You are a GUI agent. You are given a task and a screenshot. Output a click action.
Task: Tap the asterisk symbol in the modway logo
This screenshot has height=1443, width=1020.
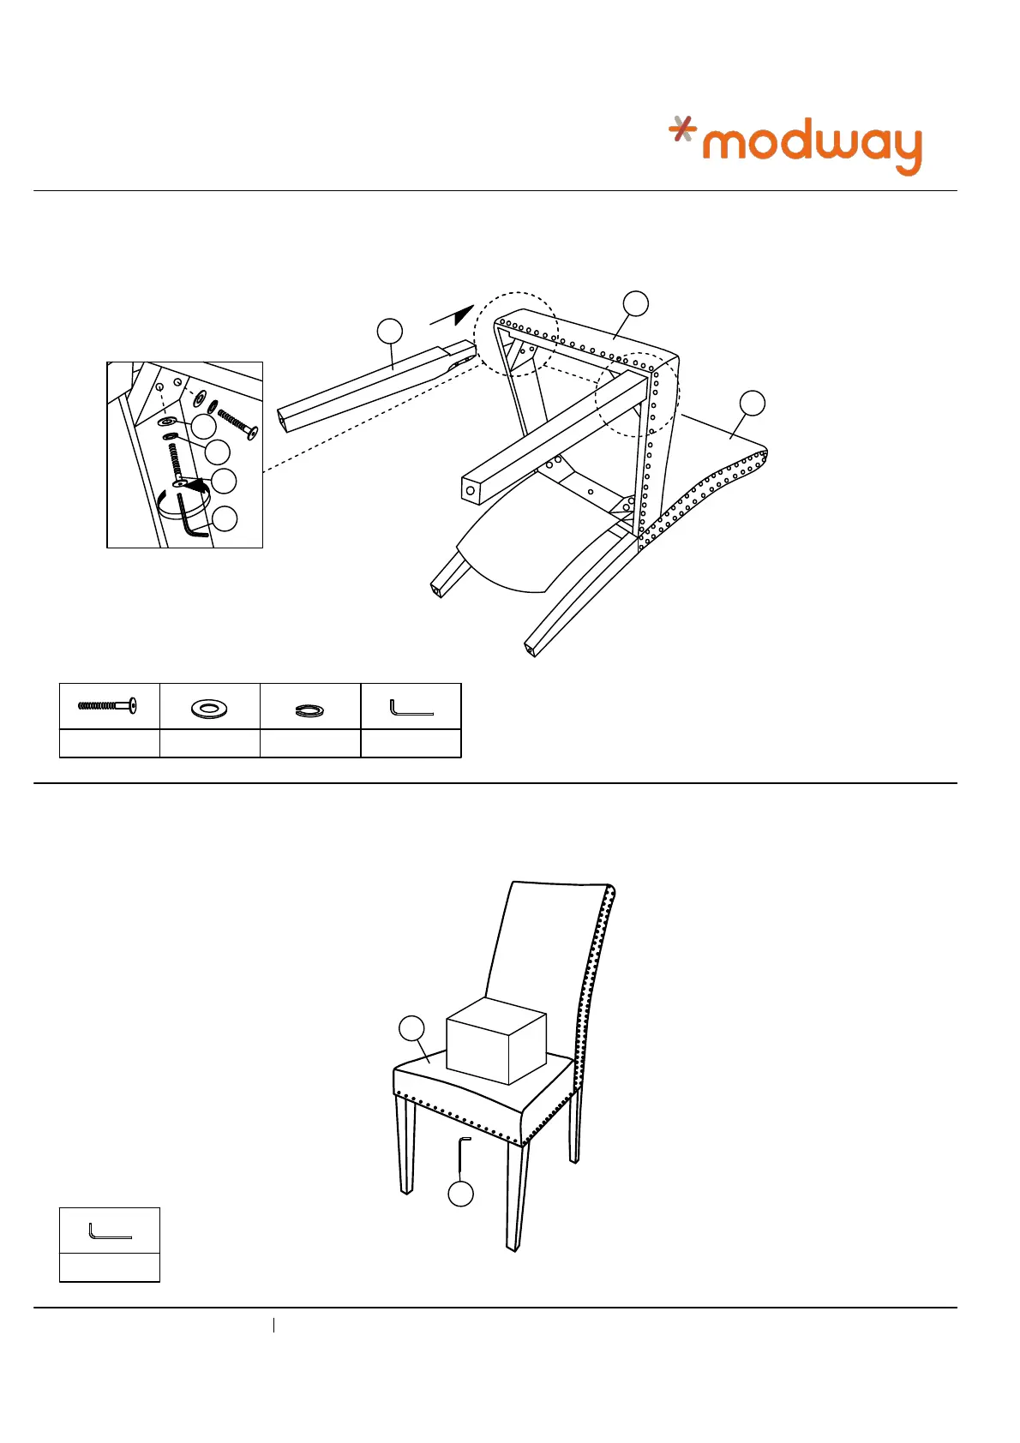(x=683, y=129)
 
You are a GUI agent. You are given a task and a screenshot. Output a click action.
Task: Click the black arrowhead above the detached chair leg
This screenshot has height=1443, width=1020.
(x=464, y=314)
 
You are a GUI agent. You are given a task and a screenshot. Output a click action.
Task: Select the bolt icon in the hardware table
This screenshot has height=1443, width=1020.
(x=108, y=706)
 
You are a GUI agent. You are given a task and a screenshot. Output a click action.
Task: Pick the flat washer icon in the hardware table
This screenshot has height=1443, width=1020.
(x=209, y=708)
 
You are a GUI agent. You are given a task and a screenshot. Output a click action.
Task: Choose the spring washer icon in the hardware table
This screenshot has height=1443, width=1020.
(x=309, y=709)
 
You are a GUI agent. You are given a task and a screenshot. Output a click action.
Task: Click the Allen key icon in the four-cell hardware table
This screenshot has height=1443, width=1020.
(x=411, y=708)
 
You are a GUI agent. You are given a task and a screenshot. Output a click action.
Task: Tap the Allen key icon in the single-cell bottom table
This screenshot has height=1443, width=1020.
(x=110, y=1231)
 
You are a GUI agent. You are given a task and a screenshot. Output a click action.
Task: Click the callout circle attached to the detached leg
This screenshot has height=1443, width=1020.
(x=389, y=331)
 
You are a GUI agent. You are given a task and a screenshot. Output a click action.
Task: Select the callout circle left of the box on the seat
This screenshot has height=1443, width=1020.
(x=412, y=1028)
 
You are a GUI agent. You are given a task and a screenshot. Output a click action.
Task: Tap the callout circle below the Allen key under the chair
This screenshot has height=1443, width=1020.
(x=461, y=1195)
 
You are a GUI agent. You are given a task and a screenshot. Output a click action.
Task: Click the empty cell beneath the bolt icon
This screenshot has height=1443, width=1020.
(x=109, y=743)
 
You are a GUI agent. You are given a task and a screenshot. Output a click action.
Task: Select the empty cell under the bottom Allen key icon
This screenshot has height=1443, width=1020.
(x=110, y=1267)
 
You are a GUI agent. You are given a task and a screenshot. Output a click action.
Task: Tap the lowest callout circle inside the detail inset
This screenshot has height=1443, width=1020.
(x=225, y=518)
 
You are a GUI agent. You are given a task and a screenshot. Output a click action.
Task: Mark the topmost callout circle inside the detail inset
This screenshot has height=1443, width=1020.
(x=204, y=426)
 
